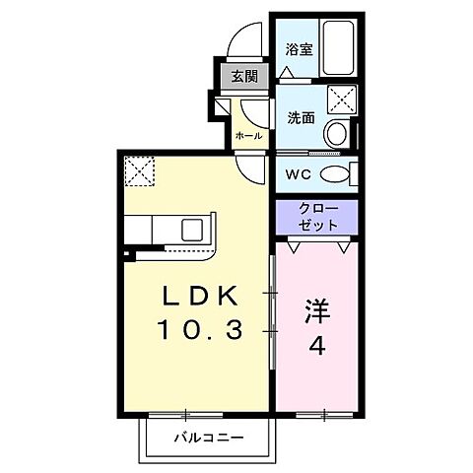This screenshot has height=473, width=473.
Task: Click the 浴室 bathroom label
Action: tap(301, 48)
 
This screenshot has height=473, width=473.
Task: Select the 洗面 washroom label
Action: tap(301, 115)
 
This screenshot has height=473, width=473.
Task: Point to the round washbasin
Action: tap(337, 132)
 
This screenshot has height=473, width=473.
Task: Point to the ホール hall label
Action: tap(247, 135)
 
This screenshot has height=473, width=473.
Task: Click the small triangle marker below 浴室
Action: tap(287, 73)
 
